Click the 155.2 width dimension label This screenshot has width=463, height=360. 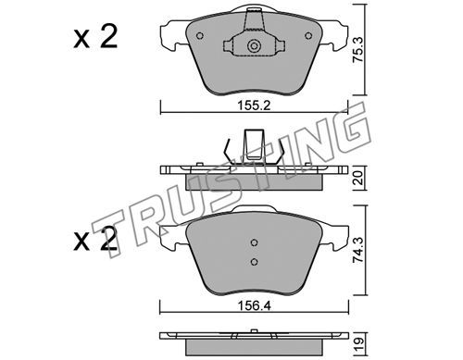tap(254, 106)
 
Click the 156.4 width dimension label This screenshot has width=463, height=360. tap(254, 305)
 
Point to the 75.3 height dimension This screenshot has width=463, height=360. tap(358, 50)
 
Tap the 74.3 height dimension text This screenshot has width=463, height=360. tap(358, 250)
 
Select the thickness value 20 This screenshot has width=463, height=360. tap(358, 178)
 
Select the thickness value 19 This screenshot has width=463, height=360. tap(359, 343)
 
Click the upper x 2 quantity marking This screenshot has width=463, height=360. tap(95, 37)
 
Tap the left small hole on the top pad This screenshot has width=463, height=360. tap(200, 36)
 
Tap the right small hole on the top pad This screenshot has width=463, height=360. tap(308, 36)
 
